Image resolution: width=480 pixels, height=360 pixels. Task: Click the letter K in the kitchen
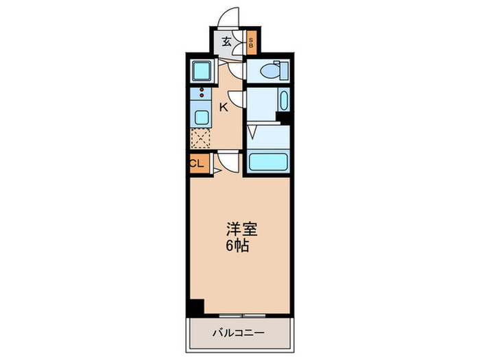pyautogui.click(x=223, y=108)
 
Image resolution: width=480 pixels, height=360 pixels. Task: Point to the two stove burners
pyautogui.click(x=202, y=95)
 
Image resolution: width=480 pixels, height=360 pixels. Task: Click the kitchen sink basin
pyautogui.click(x=202, y=115)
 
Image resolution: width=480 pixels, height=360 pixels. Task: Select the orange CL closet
pyautogui.click(x=197, y=163)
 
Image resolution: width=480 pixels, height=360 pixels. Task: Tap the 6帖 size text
pyautogui.click(x=238, y=245)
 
